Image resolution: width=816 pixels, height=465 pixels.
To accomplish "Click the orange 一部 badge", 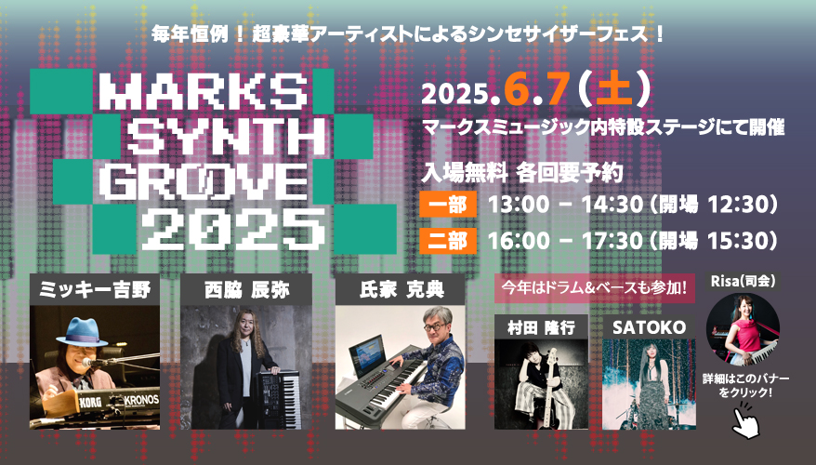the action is click(448, 204).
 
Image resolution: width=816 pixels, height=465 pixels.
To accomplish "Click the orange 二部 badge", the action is click(448, 241).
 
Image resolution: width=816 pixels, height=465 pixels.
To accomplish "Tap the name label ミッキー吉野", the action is click(95, 289).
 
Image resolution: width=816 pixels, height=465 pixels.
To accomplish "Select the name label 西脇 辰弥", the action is click(246, 290).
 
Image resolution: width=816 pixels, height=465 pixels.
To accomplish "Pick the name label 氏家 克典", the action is click(401, 290).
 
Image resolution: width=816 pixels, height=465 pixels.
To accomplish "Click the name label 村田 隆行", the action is click(541, 327).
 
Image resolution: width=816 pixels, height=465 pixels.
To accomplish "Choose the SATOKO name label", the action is click(649, 327).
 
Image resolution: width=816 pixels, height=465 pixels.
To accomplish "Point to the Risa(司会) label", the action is click(744, 282).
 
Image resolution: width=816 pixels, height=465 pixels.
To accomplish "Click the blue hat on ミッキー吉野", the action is click(81, 331).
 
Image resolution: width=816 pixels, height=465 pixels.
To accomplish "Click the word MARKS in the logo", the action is click(203, 91).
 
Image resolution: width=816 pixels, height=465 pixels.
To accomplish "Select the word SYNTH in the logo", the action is click(227, 137).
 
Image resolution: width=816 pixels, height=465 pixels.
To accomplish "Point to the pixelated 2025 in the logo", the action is click(233, 228).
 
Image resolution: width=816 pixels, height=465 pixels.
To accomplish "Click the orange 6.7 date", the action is click(537, 88).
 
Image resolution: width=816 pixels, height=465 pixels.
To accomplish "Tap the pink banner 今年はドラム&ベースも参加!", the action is click(594, 287).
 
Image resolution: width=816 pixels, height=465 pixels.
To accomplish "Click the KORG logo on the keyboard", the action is click(90, 402).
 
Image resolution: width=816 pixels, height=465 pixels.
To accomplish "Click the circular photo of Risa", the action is click(743, 329).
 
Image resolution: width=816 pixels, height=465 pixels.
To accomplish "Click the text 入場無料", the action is click(464, 172).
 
